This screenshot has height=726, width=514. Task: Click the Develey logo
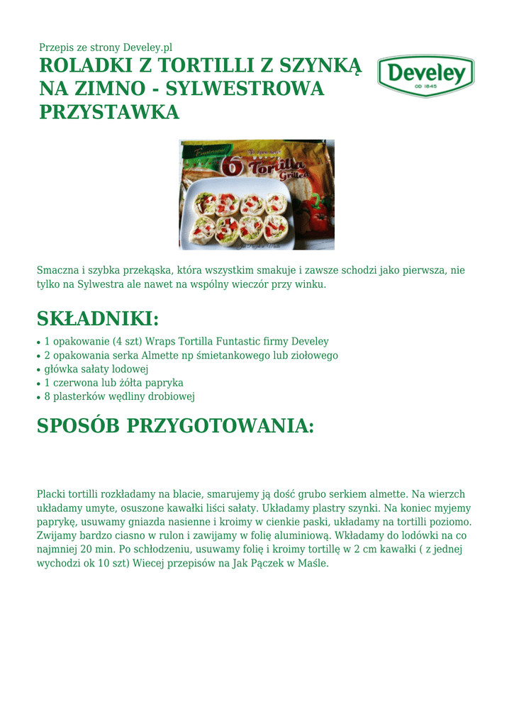425,74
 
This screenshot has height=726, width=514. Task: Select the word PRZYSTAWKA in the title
108,111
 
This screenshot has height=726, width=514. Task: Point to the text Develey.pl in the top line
147,48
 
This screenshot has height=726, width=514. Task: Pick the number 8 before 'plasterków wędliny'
48,396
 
